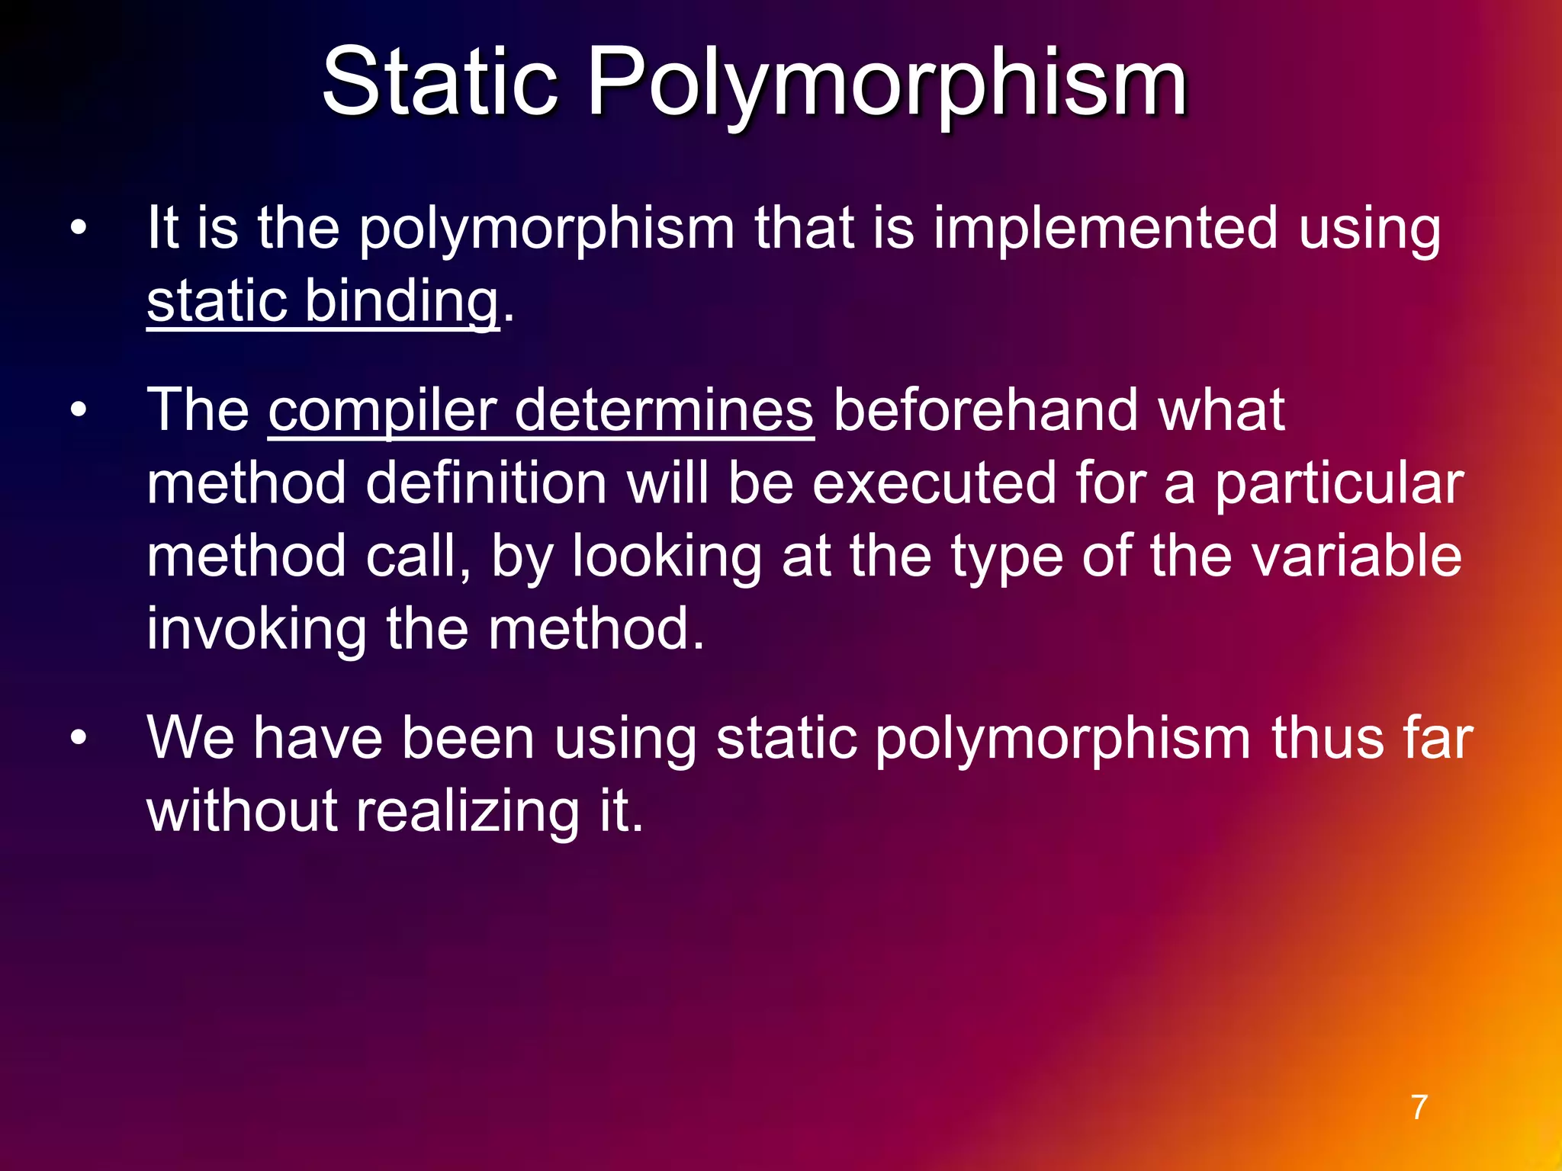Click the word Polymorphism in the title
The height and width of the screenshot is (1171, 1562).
[x=886, y=84]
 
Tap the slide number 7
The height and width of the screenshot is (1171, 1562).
[x=1419, y=1107]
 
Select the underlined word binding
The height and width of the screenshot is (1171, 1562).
[x=402, y=302]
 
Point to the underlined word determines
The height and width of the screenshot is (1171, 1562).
[x=664, y=410]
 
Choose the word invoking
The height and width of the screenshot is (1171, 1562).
[x=256, y=630]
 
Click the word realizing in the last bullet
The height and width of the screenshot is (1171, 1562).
[x=468, y=811]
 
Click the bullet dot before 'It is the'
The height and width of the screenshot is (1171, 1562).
[x=79, y=228]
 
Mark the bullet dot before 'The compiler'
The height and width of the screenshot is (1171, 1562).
[x=79, y=411]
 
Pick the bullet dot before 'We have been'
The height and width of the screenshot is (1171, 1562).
[x=79, y=738]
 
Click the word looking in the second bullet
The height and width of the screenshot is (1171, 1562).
[x=666, y=557]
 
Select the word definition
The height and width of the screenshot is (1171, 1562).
[x=486, y=483]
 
